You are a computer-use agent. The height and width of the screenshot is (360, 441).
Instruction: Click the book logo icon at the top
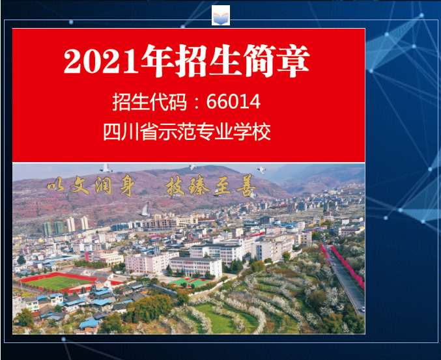221,16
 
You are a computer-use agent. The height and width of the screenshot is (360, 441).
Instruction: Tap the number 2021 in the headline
101,62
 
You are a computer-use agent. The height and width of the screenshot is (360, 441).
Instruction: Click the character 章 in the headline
293,61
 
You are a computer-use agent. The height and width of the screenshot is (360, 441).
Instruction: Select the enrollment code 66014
233,102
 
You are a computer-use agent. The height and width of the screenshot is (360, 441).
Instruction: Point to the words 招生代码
149,102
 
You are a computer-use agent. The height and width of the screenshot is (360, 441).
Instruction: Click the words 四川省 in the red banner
130,132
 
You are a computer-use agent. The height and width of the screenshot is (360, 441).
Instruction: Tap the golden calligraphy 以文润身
90,186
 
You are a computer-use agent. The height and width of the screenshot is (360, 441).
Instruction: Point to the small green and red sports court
191,282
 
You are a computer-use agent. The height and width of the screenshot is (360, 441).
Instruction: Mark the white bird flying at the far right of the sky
262,170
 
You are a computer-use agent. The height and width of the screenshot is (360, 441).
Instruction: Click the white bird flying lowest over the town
145,210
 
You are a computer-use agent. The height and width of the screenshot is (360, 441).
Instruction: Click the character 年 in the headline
158,61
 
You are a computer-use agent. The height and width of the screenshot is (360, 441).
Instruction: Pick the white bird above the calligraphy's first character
106,168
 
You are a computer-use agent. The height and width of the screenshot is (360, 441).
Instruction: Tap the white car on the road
363,309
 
